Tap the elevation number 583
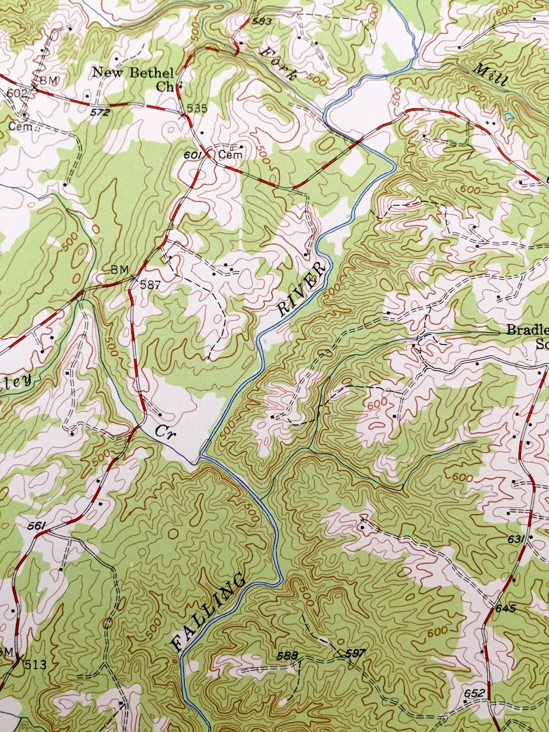point(263,21)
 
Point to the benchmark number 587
point(150,284)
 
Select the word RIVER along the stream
point(302,289)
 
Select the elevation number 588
point(288,655)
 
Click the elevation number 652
point(475,693)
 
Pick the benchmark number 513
point(36,666)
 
